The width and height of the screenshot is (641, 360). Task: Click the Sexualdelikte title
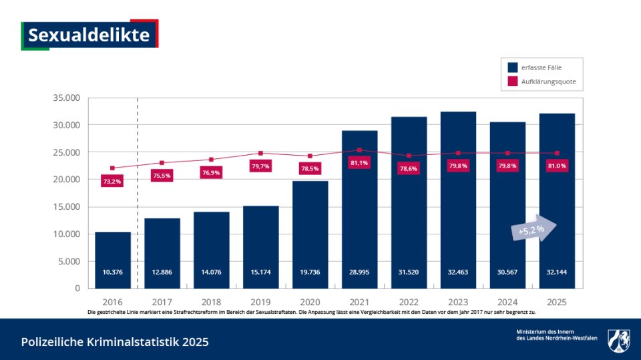point(89,35)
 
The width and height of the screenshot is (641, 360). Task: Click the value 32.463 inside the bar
point(458,272)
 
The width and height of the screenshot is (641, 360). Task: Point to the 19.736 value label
point(310,272)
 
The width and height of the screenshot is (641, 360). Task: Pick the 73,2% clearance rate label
point(112,181)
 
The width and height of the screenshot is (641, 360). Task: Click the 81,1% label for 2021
point(359,163)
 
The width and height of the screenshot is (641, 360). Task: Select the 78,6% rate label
point(409,169)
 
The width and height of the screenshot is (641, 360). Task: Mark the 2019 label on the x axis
point(260,301)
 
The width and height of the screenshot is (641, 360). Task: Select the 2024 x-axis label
point(507,301)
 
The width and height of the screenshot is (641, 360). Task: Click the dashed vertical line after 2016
point(138,194)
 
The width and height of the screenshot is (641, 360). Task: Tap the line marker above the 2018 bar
point(211,160)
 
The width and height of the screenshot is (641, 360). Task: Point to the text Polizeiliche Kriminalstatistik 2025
point(115,342)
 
